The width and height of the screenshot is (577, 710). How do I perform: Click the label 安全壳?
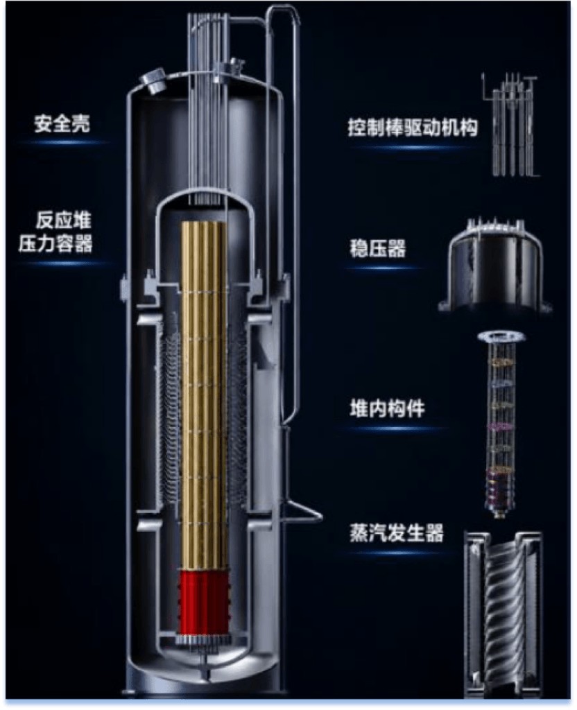[x=62, y=123]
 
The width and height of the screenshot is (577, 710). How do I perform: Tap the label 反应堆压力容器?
[x=55, y=232]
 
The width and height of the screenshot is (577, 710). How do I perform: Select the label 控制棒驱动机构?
[x=413, y=128]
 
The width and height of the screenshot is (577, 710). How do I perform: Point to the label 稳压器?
[x=378, y=249]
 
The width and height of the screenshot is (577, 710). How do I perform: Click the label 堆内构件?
[x=387, y=408]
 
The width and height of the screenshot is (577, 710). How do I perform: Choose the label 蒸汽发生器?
[x=397, y=533]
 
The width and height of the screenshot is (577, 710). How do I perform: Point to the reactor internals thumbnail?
[x=502, y=424]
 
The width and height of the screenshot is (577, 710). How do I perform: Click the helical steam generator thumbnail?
[x=503, y=614]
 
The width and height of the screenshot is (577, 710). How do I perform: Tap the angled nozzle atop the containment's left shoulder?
[x=153, y=80]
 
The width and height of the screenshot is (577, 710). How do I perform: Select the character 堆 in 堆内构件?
[x=359, y=408]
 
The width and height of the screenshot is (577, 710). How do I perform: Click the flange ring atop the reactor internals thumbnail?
[x=502, y=336]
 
